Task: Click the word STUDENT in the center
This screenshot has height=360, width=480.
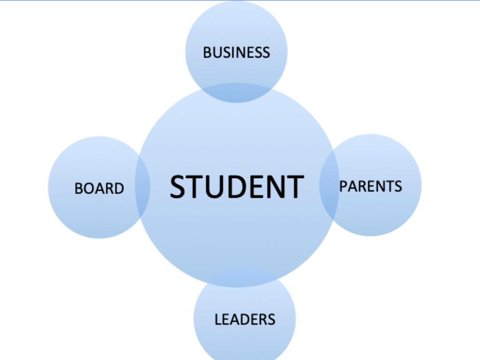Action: [x=237, y=187]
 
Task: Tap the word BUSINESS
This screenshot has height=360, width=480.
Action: [x=237, y=52]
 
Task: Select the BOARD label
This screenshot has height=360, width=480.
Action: [x=99, y=188]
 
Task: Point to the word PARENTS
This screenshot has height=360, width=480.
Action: [x=370, y=186]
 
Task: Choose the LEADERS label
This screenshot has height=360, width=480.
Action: [x=245, y=319]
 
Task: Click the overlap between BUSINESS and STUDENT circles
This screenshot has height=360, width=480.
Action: [x=236, y=93]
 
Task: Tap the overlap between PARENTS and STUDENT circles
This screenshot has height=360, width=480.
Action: [x=329, y=185]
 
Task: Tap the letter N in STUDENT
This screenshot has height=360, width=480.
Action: [x=276, y=187]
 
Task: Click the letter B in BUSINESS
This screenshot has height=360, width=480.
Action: [x=207, y=52]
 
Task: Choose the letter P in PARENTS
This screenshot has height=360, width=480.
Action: [x=343, y=186]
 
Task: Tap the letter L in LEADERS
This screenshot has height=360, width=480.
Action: [x=218, y=319]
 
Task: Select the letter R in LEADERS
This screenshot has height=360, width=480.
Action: [x=263, y=319]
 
